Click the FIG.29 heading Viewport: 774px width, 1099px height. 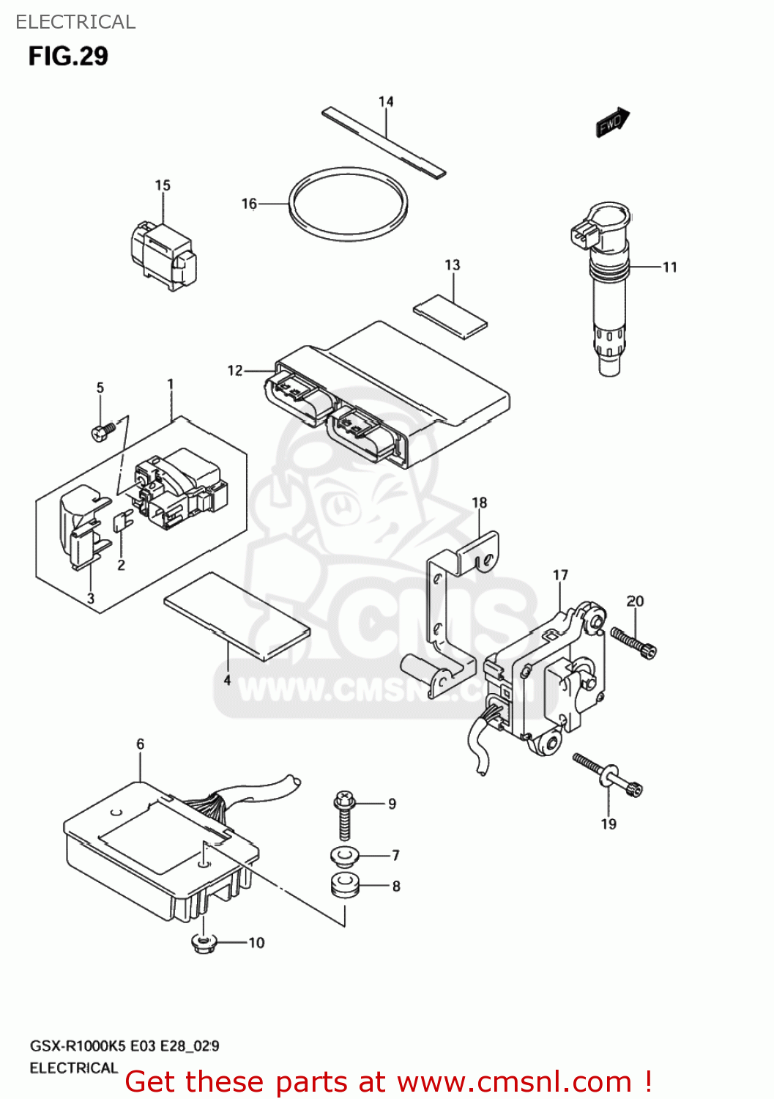tap(68, 56)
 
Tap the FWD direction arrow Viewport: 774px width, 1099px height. tap(612, 122)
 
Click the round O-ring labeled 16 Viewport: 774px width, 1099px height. tap(348, 204)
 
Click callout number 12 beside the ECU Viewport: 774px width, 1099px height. tap(234, 371)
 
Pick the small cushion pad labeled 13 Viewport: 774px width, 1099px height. tap(450, 316)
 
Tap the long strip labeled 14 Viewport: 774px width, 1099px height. tap(384, 142)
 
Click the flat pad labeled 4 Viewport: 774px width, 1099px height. tap(237, 616)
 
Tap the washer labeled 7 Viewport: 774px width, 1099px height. tap(343, 855)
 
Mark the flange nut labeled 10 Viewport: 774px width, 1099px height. tap(203, 943)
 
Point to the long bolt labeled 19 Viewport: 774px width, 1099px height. tap(607, 774)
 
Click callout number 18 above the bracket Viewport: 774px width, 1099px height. tap(479, 503)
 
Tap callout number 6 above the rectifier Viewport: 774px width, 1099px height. tap(140, 744)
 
